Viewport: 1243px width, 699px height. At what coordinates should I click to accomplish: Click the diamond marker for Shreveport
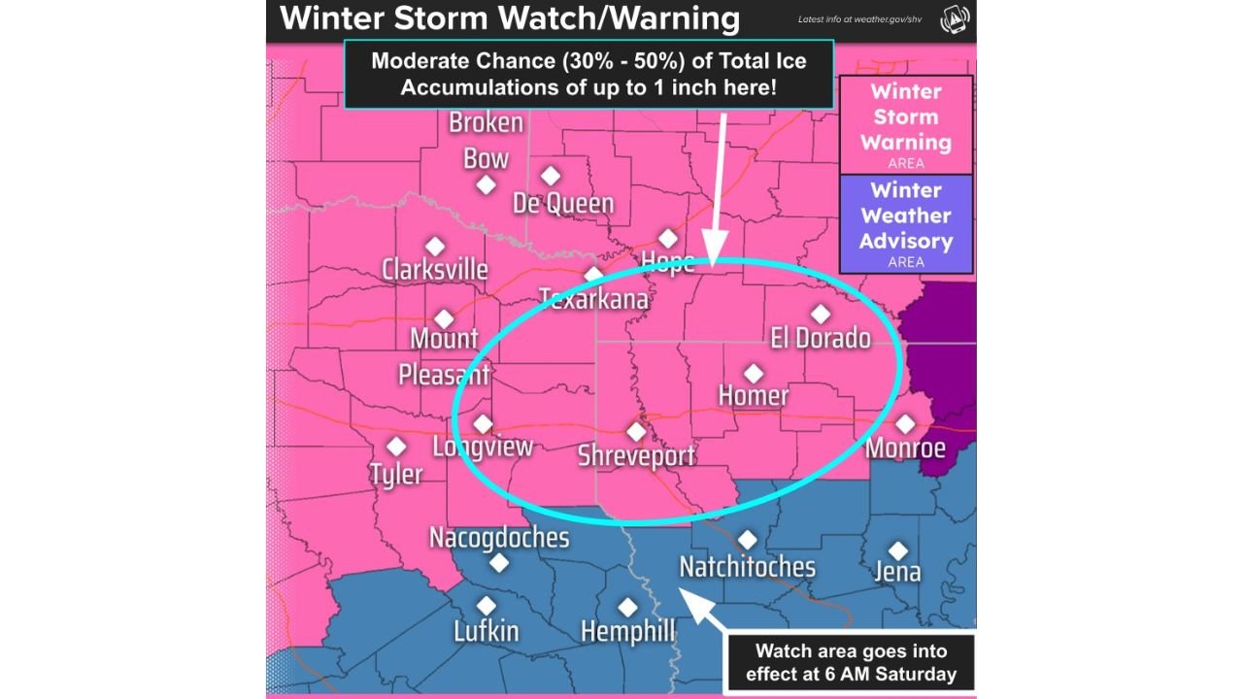point(636,431)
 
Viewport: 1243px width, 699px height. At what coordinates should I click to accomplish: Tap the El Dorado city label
point(821,338)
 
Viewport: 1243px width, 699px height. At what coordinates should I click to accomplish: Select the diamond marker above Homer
point(754,373)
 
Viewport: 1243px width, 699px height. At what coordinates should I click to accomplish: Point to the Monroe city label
point(905,449)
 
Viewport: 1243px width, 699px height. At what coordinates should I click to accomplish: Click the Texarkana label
point(593,298)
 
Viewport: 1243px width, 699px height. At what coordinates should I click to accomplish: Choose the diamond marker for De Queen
point(551,176)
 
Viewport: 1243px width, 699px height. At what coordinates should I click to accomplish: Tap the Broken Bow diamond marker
point(487,184)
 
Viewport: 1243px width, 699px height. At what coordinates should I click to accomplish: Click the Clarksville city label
point(434,269)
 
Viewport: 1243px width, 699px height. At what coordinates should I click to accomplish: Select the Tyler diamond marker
point(396,447)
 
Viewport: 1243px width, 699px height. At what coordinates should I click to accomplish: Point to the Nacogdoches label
point(499,537)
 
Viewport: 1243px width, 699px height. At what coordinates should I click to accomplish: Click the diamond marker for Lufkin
point(487,606)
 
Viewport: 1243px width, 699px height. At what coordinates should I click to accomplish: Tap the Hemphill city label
point(627,632)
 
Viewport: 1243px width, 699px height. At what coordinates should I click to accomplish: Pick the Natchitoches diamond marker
point(747,540)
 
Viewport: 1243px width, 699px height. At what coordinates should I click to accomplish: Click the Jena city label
point(897,572)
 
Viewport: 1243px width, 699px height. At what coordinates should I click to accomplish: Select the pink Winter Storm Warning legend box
point(905,124)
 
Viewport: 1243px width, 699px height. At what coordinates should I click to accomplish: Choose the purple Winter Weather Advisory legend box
point(905,223)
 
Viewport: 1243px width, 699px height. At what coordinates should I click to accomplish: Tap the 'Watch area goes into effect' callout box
point(850,662)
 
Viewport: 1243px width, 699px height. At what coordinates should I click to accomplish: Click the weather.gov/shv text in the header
point(859,19)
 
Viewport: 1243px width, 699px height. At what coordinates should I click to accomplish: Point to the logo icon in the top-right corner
point(954,20)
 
